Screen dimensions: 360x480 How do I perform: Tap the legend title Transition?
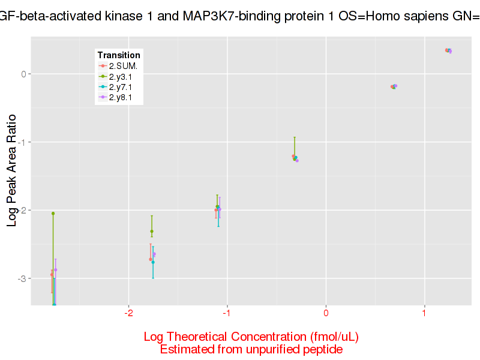click(x=119, y=55)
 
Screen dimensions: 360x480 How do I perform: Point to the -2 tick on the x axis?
click(x=128, y=314)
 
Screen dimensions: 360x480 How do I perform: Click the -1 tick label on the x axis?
click(x=227, y=314)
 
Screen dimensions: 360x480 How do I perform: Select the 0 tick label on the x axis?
click(x=326, y=314)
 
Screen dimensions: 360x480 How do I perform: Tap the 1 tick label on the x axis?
click(x=424, y=314)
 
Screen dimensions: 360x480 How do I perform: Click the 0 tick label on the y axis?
click(x=25, y=74)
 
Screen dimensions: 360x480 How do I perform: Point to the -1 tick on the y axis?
click(x=23, y=142)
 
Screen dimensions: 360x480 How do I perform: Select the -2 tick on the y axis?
click(x=23, y=211)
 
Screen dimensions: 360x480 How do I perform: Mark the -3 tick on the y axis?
click(x=23, y=278)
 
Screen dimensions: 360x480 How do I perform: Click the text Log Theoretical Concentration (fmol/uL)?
click(x=251, y=336)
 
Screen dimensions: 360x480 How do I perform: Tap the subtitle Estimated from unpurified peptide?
click(x=251, y=349)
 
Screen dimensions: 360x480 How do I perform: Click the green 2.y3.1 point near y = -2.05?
click(x=53, y=213)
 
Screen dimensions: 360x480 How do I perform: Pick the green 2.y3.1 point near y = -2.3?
click(x=152, y=231)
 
